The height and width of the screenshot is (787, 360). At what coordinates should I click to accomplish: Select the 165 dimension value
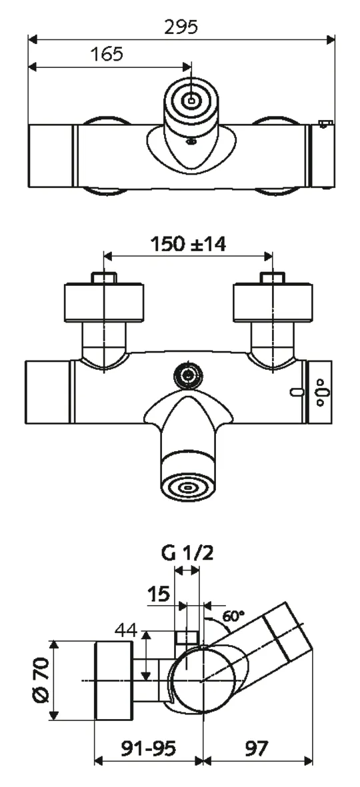pyautogui.click(x=107, y=54)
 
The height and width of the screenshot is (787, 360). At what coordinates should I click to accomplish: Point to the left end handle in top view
pyautogui.click(x=51, y=155)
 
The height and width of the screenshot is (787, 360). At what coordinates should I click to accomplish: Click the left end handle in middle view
pyautogui.click(x=47, y=394)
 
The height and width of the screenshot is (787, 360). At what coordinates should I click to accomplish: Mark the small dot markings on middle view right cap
pyautogui.click(x=321, y=393)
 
